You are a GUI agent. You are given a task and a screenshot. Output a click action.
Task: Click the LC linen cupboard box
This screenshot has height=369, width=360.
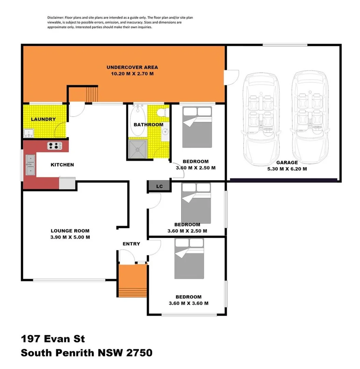coord(159,186)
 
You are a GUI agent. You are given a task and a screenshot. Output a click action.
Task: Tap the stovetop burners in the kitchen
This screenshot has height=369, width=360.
coord(55,146)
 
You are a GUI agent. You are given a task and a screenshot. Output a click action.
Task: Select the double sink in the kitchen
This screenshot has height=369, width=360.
coord(30,165)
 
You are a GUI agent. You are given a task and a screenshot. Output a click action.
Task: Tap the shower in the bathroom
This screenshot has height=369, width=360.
coord(138,149)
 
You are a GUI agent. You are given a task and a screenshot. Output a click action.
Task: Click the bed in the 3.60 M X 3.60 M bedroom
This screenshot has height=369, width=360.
coord(190,258)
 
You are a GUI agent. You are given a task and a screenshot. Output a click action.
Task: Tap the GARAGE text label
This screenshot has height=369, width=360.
coord(287,163)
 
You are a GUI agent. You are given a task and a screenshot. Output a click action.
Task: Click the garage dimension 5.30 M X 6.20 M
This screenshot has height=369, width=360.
coord(287,168)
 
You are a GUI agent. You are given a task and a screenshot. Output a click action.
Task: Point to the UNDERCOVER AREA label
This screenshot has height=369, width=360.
coord(132,67)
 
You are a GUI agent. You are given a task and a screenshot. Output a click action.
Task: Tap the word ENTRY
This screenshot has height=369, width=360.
coord(131,244)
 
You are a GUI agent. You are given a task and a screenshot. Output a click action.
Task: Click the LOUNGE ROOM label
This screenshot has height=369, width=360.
coord(70,231)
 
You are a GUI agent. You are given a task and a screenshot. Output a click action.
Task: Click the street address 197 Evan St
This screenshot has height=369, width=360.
coord(53,339)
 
